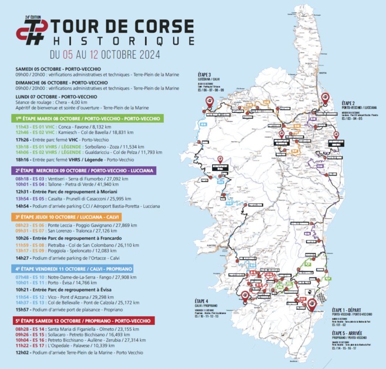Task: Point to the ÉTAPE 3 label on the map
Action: click(204, 75)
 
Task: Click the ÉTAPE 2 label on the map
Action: click(351, 103)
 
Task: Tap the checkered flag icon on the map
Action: click(321, 298)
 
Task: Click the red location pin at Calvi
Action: click(208, 101)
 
